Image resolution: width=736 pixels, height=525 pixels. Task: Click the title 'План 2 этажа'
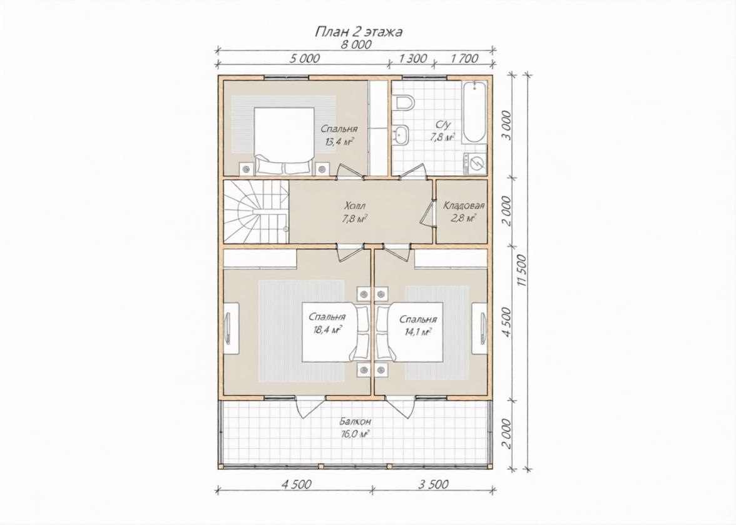point(358,32)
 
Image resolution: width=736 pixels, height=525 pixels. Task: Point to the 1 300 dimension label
point(412,59)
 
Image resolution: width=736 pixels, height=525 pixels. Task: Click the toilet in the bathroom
point(403,102)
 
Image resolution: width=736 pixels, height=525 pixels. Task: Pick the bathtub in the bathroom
point(474,112)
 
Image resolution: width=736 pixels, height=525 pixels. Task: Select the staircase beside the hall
point(256,212)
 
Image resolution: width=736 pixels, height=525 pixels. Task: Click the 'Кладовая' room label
point(464,205)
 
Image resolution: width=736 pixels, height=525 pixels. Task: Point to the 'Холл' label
point(354,206)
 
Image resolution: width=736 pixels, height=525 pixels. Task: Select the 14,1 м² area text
point(417,331)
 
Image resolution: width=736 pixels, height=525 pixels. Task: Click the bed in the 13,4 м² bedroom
point(284,141)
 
